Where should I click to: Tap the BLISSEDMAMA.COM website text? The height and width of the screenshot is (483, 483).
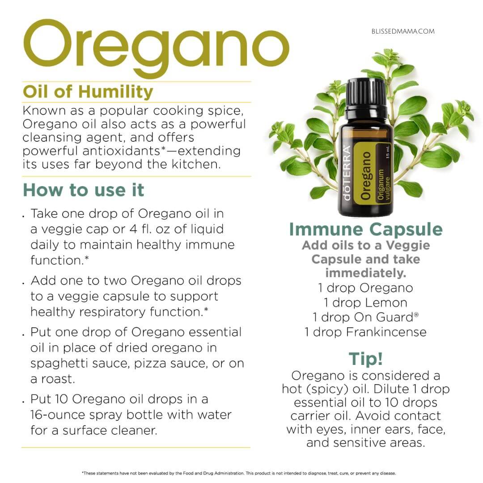click(x=403, y=31)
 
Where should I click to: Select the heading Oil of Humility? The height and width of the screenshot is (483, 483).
click(x=88, y=92)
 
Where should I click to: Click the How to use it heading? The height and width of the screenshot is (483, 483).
click(x=84, y=190)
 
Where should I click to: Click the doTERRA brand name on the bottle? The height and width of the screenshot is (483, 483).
click(x=347, y=173)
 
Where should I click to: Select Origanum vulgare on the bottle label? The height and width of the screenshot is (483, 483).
click(x=384, y=185)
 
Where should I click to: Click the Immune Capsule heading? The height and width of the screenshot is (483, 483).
click(x=366, y=229)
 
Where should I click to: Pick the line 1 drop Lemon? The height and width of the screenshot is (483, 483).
click(x=365, y=302)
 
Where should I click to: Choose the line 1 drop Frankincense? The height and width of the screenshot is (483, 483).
click(x=365, y=332)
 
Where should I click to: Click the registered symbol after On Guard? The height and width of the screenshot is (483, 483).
click(x=416, y=314)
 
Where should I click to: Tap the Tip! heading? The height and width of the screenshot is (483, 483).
click(x=366, y=359)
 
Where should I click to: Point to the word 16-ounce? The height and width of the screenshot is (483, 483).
click(x=58, y=415)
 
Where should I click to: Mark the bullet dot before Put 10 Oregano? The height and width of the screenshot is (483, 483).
click(x=23, y=402)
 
